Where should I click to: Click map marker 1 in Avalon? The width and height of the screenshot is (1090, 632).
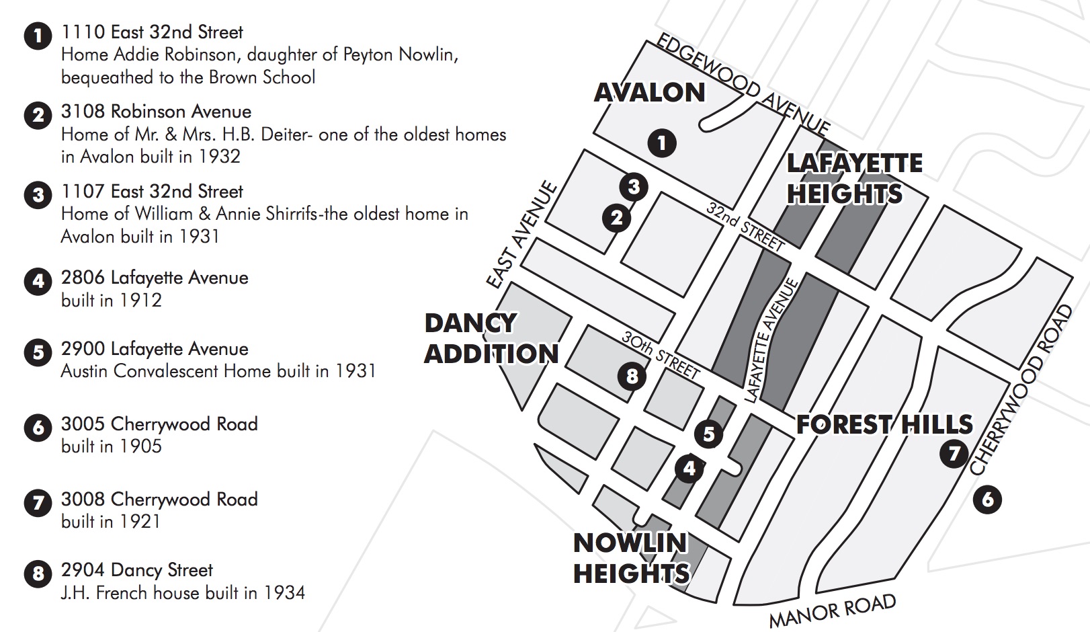[x=662, y=143]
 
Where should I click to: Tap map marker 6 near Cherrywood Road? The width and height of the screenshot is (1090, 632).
[x=987, y=500]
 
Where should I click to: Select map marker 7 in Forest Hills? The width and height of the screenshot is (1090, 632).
[x=954, y=453]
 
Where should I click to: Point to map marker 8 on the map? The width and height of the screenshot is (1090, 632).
[x=632, y=376]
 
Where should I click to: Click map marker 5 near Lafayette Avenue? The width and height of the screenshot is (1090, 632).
[x=708, y=434]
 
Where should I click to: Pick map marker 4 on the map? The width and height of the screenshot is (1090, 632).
[x=689, y=468]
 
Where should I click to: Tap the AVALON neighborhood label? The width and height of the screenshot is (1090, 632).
[x=650, y=93]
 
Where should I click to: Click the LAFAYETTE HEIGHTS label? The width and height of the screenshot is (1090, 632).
[x=854, y=178]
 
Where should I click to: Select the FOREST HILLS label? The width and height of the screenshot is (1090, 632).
[x=884, y=424]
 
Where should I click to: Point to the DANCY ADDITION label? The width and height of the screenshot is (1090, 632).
[x=491, y=338]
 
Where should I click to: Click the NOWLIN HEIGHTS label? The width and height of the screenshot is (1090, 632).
[x=631, y=558]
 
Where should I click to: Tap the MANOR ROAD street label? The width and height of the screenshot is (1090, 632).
[x=832, y=610]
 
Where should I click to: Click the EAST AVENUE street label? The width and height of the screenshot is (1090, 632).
[x=522, y=235]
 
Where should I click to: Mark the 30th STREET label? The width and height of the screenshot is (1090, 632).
[x=661, y=354]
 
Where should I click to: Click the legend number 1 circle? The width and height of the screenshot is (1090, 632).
[x=38, y=36]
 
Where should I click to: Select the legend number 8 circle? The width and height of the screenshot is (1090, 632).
[x=38, y=574]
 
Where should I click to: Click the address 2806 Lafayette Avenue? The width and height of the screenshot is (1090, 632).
[x=155, y=278]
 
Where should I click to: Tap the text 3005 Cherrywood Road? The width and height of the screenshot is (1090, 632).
[x=159, y=424]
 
